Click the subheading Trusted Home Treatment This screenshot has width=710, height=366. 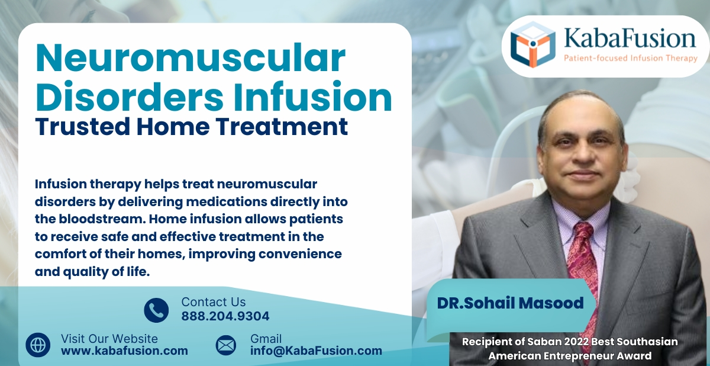click(x=191, y=127)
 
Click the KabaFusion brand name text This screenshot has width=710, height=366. click(x=629, y=38)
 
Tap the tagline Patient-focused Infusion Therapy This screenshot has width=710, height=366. click(x=630, y=58)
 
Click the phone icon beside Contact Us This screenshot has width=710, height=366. click(x=156, y=310)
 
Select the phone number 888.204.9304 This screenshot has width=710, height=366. click(x=225, y=316)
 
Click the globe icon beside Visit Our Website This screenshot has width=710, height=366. click(x=38, y=345)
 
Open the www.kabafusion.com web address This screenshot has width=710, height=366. click(x=124, y=351)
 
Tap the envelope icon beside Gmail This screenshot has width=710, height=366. click(x=225, y=345)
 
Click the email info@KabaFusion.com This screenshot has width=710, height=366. click(x=316, y=351)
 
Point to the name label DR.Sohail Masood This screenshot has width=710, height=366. click(x=510, y=303)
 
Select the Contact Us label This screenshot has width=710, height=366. click(x=213, y=302)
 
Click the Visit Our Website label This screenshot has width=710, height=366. click(x=109, y=339)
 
